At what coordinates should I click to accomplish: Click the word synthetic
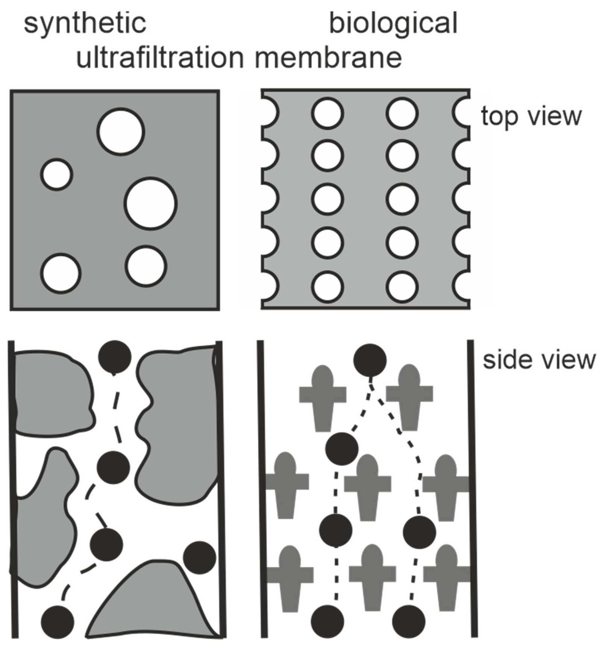tap(85, 23)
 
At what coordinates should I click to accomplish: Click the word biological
tap(393, 23)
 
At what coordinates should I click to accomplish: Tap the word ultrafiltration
tap(160, 58)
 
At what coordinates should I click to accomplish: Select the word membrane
tap(328, 58)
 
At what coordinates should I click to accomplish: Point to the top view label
tap(531, 116)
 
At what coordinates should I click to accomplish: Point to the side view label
tap(539, 360)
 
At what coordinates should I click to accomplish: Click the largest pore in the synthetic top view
tap(151, 204)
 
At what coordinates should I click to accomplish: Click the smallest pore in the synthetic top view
tap(57, 174)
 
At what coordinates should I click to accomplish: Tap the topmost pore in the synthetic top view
tap(121, 132)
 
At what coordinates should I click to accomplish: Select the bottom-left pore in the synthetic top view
tap(61, 274)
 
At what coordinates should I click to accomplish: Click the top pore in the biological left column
tap(327, 113)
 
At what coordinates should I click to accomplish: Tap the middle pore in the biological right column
tap(402, 199)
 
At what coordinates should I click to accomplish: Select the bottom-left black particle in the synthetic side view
tap(58, 622)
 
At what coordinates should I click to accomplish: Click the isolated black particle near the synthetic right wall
tap(199, 558)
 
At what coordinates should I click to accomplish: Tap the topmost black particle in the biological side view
tap(370, 360)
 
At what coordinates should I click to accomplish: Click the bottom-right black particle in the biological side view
tap(409, 622)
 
